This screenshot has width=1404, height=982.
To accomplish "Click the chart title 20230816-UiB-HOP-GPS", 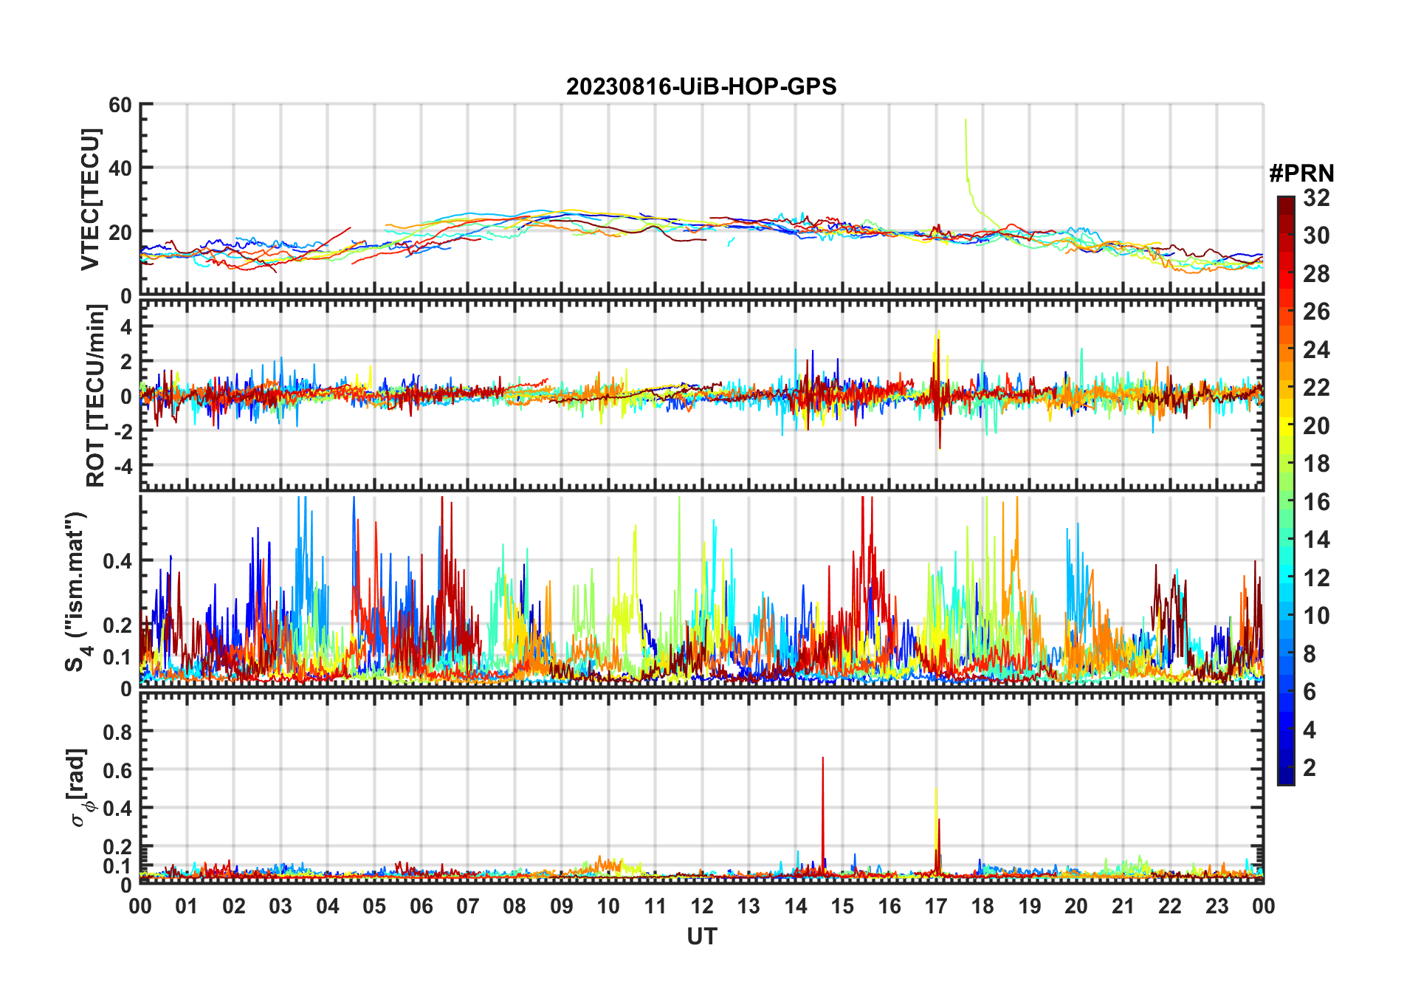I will [701, 86].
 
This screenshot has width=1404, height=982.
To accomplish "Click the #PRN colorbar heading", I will [1301, 174].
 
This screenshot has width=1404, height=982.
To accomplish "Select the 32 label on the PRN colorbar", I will [1316, 198].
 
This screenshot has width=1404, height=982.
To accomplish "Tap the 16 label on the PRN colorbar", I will [1316, 502].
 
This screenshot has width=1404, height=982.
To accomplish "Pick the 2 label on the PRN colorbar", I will [1310, 768].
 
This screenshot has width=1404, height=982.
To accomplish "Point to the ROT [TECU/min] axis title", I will [96, 396].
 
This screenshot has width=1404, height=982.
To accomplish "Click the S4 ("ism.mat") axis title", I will [77, 591].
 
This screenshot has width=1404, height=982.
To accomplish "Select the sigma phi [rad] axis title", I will [78, 788].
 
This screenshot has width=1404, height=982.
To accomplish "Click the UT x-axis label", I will [701, 937].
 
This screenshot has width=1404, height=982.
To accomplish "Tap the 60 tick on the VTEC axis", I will [120, 106].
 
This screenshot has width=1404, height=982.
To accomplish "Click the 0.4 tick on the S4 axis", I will [118, 561].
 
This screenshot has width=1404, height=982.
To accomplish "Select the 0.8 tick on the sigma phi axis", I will [118, 732].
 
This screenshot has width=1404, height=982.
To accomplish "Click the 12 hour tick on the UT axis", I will [702, 906].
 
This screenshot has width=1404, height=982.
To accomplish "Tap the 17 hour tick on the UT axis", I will [936, 906].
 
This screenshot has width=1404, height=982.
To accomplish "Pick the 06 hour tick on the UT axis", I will [421, 906].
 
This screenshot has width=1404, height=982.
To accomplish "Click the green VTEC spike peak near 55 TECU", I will [966, 120].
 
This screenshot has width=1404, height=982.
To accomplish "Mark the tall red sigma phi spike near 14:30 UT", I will [823, 759].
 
